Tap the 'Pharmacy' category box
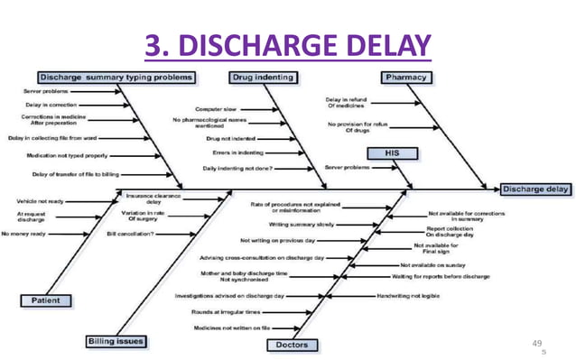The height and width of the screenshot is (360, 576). (405, 78)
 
